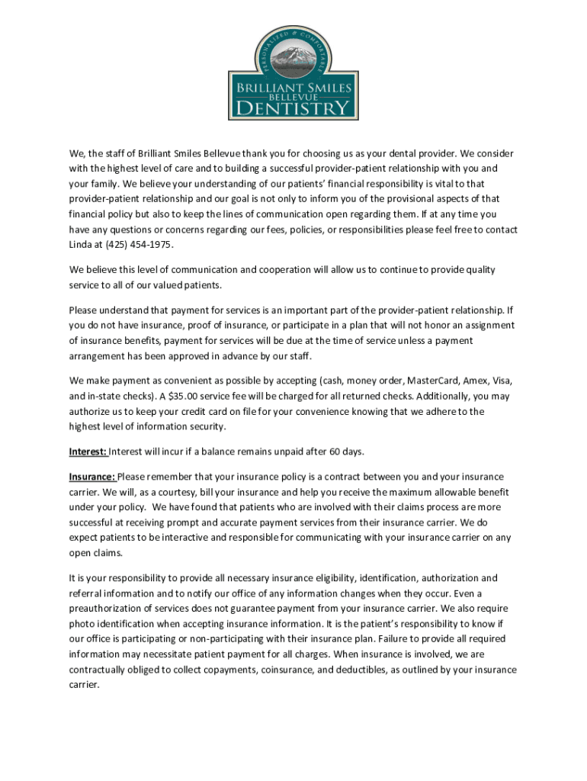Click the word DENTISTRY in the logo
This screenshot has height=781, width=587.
coord(293,109)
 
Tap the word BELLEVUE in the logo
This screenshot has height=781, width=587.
coord(293,98)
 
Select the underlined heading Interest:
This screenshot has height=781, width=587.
coord(88,452)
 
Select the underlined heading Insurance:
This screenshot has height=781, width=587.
coord(92,477)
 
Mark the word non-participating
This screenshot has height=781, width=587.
coord(222,639)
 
